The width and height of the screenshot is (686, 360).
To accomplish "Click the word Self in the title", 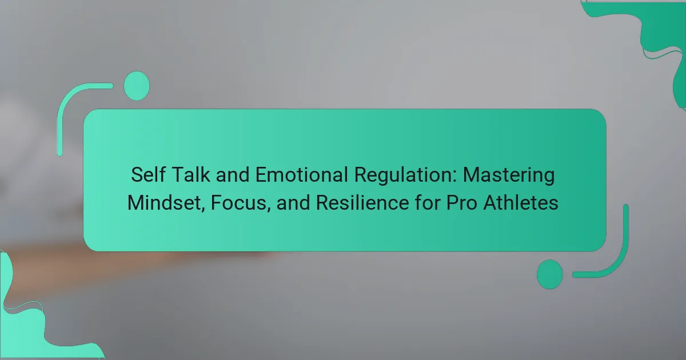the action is [x=148, y=174].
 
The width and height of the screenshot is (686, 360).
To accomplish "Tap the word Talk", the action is [x=191, y=174].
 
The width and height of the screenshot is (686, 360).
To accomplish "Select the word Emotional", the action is [x=302, y=174].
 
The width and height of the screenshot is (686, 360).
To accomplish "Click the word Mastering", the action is [x=509, y=176].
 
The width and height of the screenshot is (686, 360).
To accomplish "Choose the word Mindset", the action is [x=165, y=203].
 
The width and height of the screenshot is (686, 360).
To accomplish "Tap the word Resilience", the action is [x=362, y=203].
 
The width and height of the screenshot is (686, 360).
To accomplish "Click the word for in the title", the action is [x=428, y=203].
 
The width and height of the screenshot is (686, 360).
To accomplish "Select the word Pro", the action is [x=461, y=203].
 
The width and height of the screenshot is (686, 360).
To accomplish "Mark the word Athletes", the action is [x=521, y=203].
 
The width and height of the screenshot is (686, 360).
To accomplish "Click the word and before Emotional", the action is [x=233, y=174].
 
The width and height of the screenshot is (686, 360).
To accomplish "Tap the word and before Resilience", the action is [x=293, y=203].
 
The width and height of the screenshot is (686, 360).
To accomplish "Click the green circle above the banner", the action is [x=137, y=86].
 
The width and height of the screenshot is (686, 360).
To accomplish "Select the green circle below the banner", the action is [x=550, y=274].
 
